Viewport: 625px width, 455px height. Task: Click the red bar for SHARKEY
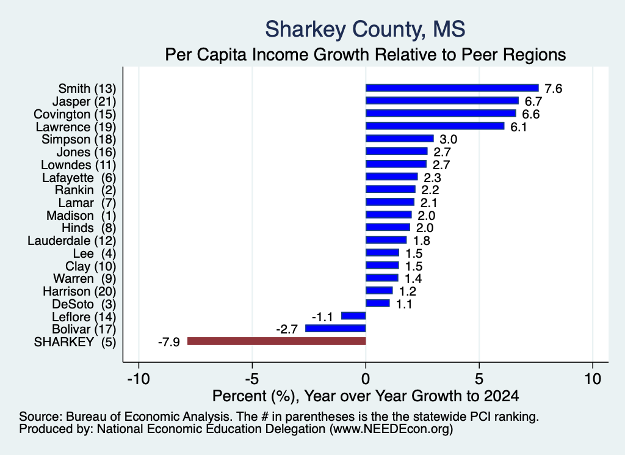[276, 341]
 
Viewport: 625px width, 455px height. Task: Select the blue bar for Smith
[452, 88]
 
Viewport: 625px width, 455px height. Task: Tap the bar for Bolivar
[335, 329]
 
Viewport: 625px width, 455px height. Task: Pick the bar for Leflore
[353, 316]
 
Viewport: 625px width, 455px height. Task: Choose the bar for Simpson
[399, 139]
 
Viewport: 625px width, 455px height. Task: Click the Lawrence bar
[435, 126]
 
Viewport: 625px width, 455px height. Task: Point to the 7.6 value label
[553, 89]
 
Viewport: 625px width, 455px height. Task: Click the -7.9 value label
[169, 342]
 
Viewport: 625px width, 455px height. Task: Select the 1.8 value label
[421, 241]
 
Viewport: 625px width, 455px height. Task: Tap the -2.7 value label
[287, 329]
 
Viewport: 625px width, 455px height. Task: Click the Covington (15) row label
[75, 114]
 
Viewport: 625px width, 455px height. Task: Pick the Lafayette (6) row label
[79, 178]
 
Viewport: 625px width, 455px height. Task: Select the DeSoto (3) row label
[84, 304]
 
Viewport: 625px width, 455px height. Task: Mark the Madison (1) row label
[81, 216]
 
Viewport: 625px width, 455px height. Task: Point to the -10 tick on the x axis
[139, 379]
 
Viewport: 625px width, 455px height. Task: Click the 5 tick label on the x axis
[479, 379]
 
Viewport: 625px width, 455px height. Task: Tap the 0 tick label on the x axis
[366, 379]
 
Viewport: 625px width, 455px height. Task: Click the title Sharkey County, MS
[365, 29]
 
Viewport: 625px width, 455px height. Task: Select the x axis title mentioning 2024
[366, 396]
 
